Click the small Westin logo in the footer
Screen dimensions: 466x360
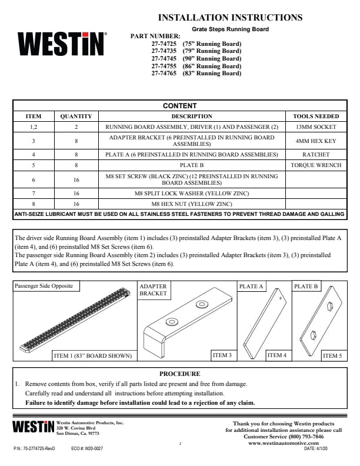[x=34, y=427]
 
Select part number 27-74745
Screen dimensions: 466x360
[x=196, y=59]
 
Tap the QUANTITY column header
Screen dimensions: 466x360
[x=76, y=116]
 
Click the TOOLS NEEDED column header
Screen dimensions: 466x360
[x=315, y=116]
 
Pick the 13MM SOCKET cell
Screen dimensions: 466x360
[x=315, y=127]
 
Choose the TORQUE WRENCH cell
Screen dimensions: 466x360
[x=315, y=165]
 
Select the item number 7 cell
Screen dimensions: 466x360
[x=34, y=192]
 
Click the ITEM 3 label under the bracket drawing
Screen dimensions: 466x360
[x=221, y=355]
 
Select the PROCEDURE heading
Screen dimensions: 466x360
[x=179, y=374]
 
